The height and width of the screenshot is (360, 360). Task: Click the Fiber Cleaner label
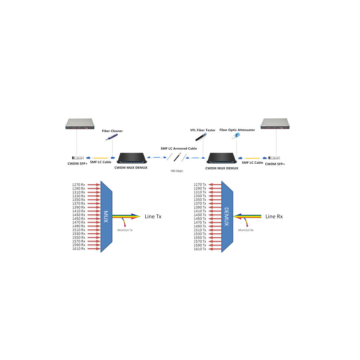[112, 131]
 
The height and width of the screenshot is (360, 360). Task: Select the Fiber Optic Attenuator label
[237, 130]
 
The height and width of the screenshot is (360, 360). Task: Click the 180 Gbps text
[177, 171]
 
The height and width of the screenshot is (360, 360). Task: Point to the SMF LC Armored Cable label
[179, 148]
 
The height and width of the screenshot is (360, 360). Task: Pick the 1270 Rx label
[78, 185]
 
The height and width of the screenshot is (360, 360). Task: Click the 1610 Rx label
[78, 249]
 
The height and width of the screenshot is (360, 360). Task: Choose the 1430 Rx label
[78, 215]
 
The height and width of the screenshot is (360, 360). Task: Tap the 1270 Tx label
[200, 185]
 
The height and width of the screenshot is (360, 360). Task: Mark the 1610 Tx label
[200, 249]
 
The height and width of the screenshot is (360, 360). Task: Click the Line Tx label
[153, 216]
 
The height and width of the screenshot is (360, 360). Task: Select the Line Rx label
[274, 216]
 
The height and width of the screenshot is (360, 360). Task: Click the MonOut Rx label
[246, 229]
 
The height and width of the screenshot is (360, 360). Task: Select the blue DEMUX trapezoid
[227, 216]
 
